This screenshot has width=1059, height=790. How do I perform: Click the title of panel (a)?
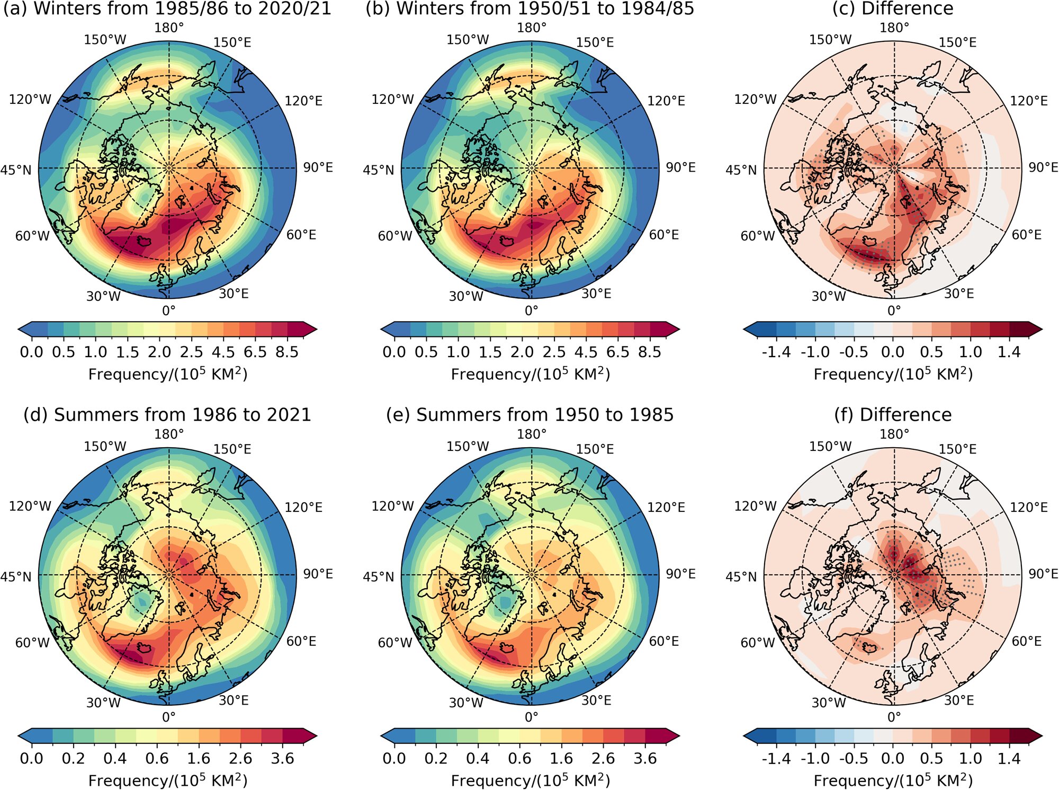(x=167, y=8)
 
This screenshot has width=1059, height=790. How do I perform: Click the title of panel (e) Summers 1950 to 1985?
(x=529, y=415)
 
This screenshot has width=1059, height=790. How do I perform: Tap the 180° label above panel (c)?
(x=894, y=28)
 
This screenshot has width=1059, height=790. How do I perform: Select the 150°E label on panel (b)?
(x=595, y=42)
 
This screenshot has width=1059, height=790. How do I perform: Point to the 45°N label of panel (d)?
(x=16, y=576)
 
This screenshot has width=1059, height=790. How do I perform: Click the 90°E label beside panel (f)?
(x=1043, y=574)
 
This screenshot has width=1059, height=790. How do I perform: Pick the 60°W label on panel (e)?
(x=394, y=643)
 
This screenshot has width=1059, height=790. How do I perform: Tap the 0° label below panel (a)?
(x=168, y=310)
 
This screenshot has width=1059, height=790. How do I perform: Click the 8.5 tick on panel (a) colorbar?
(x=287, y=352)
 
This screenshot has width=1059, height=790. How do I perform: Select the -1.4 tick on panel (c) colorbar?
(x=776, y=352)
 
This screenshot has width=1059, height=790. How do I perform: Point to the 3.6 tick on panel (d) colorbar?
(x=282, y=759)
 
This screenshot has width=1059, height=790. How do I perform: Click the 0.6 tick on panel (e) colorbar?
(x=519, y=759)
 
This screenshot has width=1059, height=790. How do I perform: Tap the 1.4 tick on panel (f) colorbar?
(x=1009, y=759)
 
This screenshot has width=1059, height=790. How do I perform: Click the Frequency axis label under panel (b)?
(x=530, y=374)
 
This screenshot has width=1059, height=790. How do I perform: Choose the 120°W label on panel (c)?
(x=755, y=100)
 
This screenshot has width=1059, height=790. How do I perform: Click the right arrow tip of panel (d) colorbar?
(x=316, y=736)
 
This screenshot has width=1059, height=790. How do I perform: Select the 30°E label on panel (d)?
(x=234, y=700)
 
